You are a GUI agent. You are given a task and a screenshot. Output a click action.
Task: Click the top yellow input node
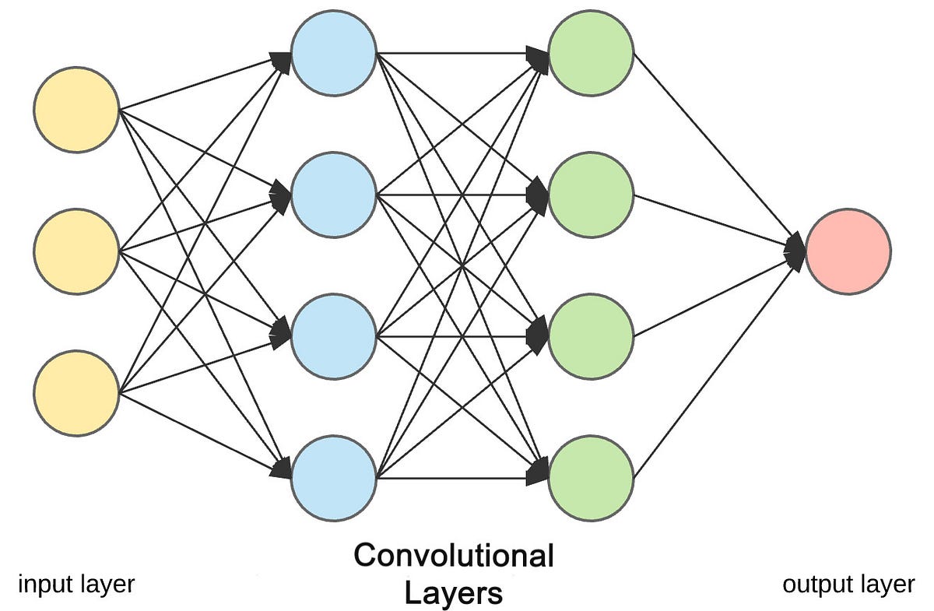pos(76,110)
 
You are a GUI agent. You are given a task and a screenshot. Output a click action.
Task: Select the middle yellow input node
pos(76,251)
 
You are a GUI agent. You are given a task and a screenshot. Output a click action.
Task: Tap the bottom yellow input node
pos(76,393)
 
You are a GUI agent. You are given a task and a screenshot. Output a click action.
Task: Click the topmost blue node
pos(334,53)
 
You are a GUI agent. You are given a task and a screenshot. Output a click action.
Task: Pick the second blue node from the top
pos(334,195)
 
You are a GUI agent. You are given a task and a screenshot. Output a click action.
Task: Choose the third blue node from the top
pos(334,336)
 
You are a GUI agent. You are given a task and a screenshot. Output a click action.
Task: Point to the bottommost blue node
pos(334,477)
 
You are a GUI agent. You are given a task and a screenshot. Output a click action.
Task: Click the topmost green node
pos(591,53)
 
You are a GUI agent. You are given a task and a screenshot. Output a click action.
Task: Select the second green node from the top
pos(591,195)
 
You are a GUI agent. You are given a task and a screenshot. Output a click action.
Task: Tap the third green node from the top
pos(591,336)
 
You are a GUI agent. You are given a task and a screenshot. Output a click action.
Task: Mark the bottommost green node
pos(591,477)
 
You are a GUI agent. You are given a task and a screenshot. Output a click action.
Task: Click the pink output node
pos(848,251)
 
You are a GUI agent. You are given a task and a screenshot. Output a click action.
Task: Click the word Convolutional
pos(453,557)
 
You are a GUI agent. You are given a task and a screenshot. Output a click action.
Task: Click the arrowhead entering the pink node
pos(795,251)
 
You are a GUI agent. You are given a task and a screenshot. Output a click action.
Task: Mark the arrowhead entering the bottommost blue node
pos(282,469)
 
